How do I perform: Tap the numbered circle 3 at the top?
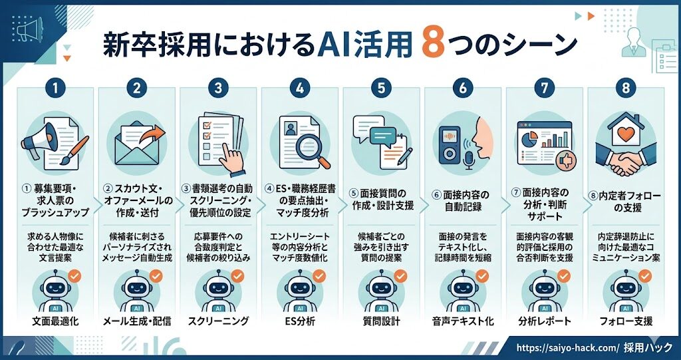coord(218,89)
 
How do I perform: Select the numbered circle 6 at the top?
coord(463,89)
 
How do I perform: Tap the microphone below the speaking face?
coord(469,160)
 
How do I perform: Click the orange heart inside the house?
coord(626,134)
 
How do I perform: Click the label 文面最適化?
coord(55,322)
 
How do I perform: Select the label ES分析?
coord(299,322)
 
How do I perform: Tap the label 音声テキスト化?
coord(463,322)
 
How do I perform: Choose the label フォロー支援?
coord(626,322)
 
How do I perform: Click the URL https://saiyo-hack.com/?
coord(568,348)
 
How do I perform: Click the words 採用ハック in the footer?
coord(648,348)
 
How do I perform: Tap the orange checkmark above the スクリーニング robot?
coord(237,275)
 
